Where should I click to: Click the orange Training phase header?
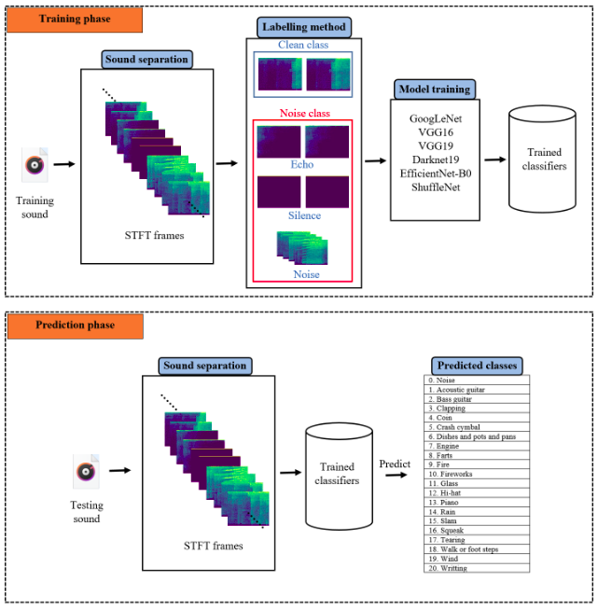(x=76, y=19)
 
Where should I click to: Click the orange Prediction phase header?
(x=76, y=325)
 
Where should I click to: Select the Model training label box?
(x=435, y=90)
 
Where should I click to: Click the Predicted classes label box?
(x=476, y=366)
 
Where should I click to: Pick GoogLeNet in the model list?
(x=435, y=119)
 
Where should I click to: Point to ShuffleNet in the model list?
(x=435, y=187)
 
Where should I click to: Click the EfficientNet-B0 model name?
(x=435, y=173)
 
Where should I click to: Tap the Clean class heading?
(x=303, y=45)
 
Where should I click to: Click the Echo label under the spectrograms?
(x=302, y=164)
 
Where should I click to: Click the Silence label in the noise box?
(x=302, y=215)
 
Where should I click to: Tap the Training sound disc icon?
(x=35, y=166)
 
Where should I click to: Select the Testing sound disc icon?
(x=86, y=472)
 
